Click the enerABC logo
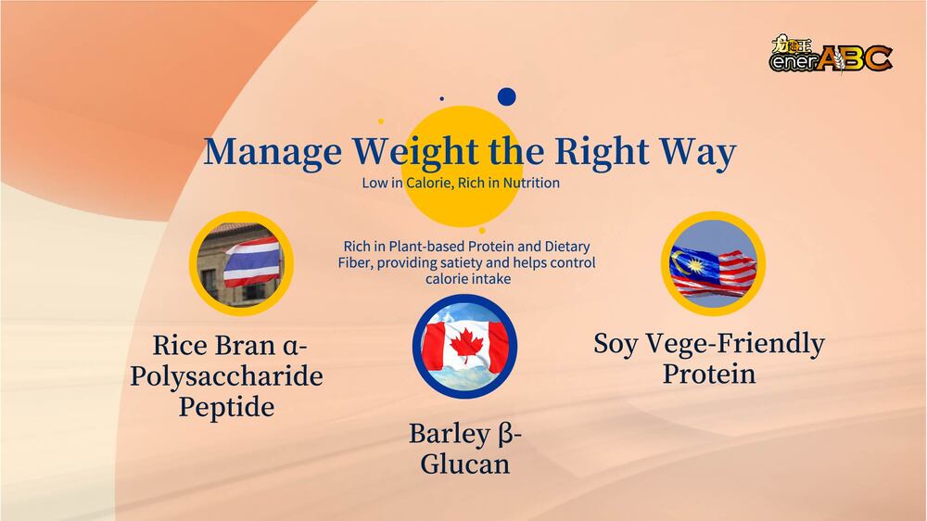point(831,55)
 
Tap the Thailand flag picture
point(241,264)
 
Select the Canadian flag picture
point(464,347)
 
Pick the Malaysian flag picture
point(713,264)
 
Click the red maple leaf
point(466,346)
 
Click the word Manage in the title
point(273,152)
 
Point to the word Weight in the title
point(420,152)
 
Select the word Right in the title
point(602,152)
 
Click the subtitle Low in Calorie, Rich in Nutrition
point(461,183)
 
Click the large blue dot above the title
point(507,96)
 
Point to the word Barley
point(450,434)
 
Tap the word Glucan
point(464,464)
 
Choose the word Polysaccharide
point(227,376)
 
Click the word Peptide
point(227,408)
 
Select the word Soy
point(616,344)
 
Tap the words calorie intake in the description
point(468,278)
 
